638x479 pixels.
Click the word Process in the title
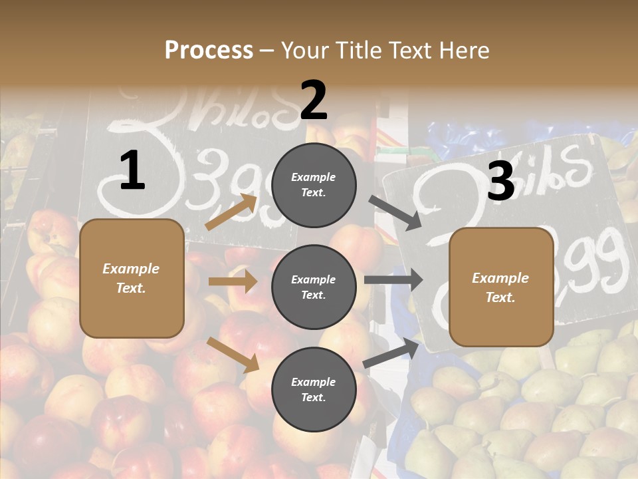[x=209, y=50]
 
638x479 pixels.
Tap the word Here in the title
[x=462, y=50]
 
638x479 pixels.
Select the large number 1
[x=132, y=171]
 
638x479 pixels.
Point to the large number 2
[x=314, y=100]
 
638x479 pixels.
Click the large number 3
[x=500, y=181]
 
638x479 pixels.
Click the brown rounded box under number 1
[x=132, y=278]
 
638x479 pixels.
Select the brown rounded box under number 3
[x=501, y=287]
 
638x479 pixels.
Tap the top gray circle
[x=314, y=185]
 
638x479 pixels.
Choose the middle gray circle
[x=314, y=287]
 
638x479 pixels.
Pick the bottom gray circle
[x=314, y=389]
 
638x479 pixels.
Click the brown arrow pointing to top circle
[x=231, y=212]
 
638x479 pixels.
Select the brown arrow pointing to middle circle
[x=233, y=281]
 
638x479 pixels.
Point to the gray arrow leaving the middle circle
[x=393, y=280]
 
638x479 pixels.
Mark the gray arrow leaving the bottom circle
[x=391, y=353]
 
